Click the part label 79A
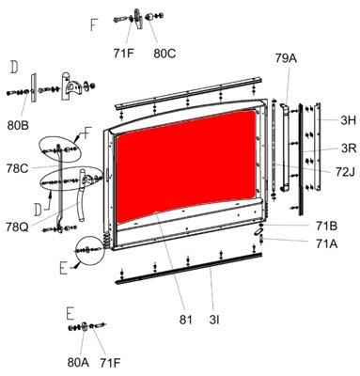point(286,58)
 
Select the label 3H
point(349,120)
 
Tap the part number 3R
point(349,148)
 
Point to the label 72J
point(345,171)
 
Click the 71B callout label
point(326,226)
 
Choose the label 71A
point(326,243)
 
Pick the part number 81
point(186,320)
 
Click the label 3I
point(214,320)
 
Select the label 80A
point(78,362)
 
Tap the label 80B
point(18,125)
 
